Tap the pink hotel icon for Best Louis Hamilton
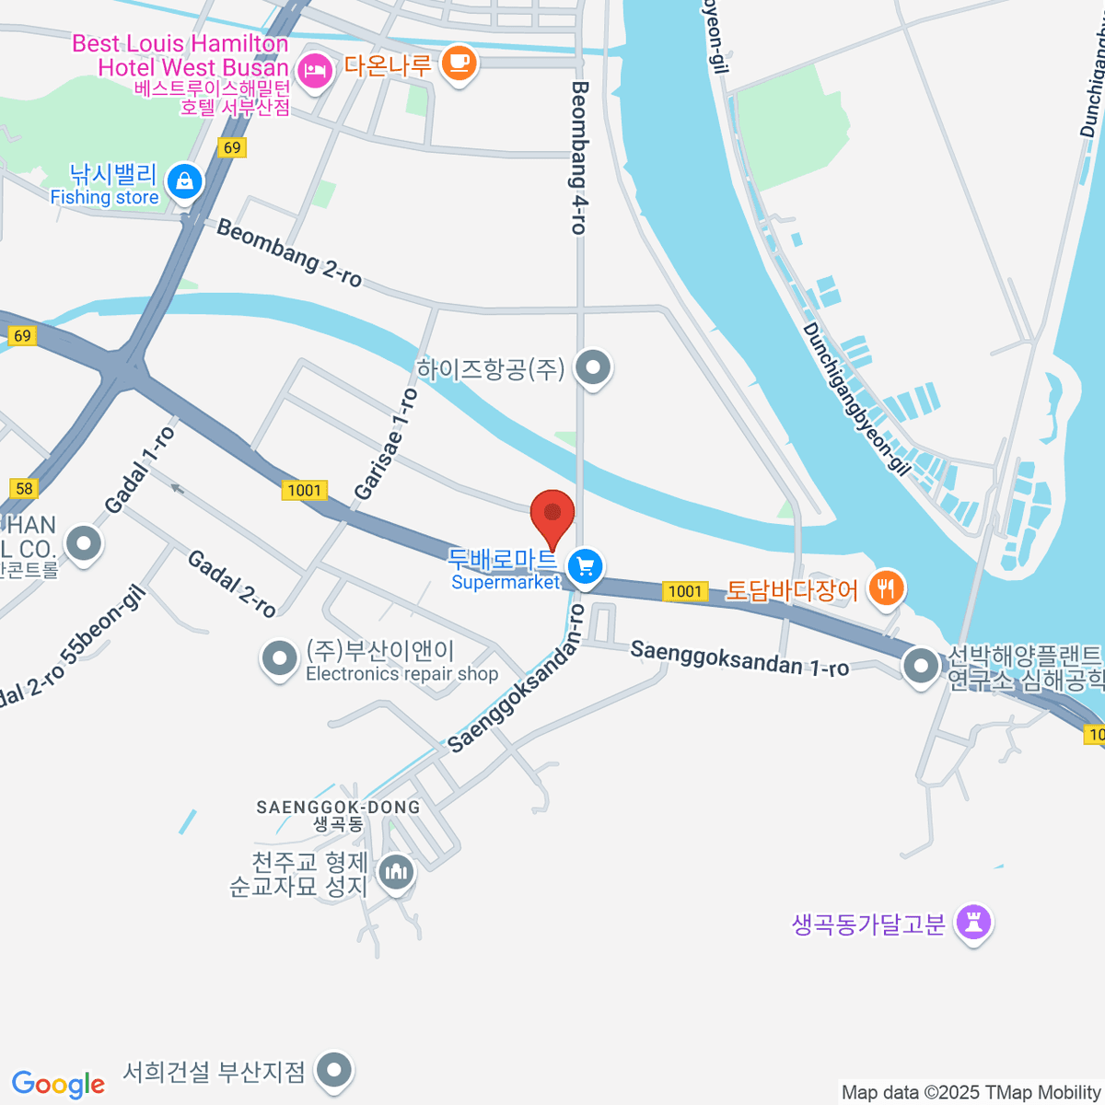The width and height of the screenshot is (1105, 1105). (x=315, y=69)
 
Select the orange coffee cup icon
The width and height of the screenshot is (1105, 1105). (x=459, y=64)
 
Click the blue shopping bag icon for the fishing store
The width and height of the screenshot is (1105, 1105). (x=185, y=181)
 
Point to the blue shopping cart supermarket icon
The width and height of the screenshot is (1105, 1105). (x=585, y=566)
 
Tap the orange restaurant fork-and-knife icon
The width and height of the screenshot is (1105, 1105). (x=886, y=587)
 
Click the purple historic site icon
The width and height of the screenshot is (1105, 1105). (x=973, y=922)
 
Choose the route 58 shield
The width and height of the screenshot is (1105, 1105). (x=24, y=489)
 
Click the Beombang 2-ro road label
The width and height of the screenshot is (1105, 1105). (x=289, y=252)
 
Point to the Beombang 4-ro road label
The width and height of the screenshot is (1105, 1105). (x=579, y=157)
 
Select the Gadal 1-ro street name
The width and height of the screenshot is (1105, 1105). (x=139, y=471)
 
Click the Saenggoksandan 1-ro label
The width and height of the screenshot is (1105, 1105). (x=739, y=657)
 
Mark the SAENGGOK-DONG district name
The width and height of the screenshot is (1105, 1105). (x=338, y=808)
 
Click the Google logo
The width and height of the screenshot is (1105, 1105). (x=58, y=1085)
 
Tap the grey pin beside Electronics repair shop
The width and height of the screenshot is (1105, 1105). (x=277, y=658)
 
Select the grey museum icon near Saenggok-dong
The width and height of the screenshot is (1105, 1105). (x=397, y=871)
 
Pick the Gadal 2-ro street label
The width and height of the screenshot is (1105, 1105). (x=232, y=584)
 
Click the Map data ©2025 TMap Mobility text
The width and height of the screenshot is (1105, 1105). (x=971, y=1092)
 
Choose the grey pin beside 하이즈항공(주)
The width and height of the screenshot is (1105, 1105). (x=593, y=368)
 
